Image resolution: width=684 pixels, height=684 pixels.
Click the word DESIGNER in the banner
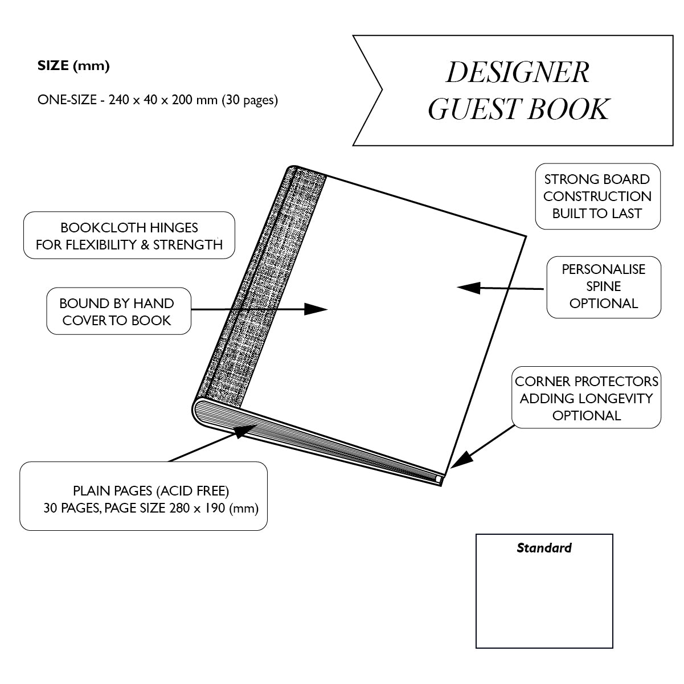click(x=517, y=72)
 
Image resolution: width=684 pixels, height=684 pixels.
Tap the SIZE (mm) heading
click(x=73, y=65)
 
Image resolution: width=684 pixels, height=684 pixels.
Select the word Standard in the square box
click(x=544, y=548)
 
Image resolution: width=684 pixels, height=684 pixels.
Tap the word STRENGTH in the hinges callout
click(x=194, y=245)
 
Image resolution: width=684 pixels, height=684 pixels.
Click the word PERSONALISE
click(x=604, y=269)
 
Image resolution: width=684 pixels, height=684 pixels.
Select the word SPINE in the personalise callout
click(x=604, y=286)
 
